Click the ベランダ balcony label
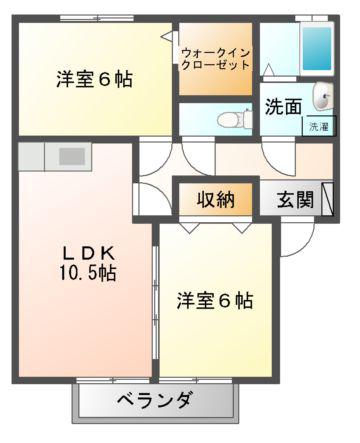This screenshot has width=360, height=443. (155, 399)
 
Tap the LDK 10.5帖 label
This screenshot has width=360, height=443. (88, 264)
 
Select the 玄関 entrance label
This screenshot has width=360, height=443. (295, 200)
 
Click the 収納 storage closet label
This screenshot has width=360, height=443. (216, 200)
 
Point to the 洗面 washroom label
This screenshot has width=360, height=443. (283, 107)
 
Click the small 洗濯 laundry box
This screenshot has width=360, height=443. (319, 126)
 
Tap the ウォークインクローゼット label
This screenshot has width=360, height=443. (216, 59)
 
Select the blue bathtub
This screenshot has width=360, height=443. (317, 49)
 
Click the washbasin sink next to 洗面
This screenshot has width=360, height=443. (323, 96)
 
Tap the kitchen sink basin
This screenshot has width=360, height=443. (72, 156)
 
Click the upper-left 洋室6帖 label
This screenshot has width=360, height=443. (94, 80)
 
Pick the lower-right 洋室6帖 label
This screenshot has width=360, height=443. (215, 300)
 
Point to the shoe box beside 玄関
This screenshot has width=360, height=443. (327, 198)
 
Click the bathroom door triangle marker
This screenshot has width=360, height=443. (269, 70)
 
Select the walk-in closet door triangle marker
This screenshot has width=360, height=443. (167, 36)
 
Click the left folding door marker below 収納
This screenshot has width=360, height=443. (190, 228)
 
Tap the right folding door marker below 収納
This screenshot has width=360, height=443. (242, 228)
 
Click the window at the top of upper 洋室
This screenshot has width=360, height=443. (97, 19)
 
